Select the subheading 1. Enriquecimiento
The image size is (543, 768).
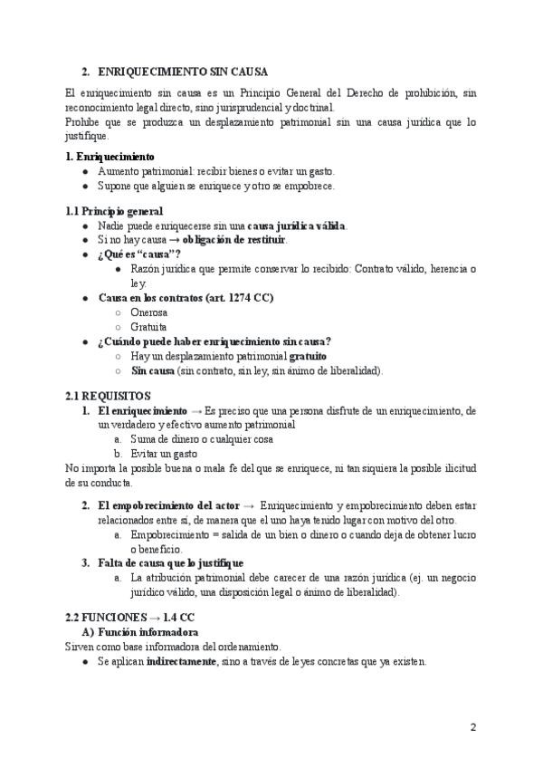110,156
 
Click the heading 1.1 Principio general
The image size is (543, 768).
114,210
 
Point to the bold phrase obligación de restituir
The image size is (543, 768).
234,239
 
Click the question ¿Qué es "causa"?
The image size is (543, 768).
138,254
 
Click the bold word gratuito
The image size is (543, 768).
308,356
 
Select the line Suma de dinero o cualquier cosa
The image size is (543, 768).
202,438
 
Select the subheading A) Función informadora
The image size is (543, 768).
140,631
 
